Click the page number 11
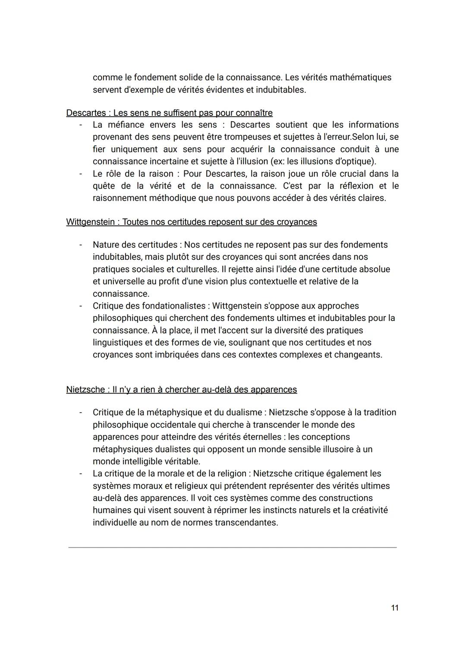tap(394, 608)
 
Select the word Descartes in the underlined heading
tap(86, 113)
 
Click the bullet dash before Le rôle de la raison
tap(80, 174)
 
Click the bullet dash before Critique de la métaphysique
tap(80, 413)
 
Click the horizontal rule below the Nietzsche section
tap(232, 547)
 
